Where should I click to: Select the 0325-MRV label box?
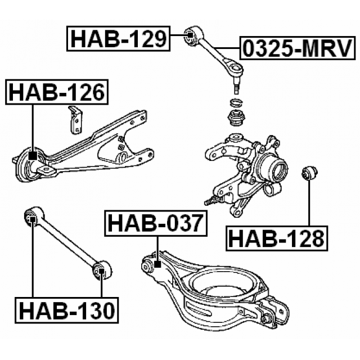click(x=299, y=49)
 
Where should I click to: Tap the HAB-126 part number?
click(x=56, y=93)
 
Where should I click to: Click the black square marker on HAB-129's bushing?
click(x=190, y=38)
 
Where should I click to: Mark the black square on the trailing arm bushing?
click(x=33, y=155)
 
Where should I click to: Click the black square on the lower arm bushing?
click(x=157, y=263)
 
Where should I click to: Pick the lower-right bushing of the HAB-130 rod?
click(x=102, y=272)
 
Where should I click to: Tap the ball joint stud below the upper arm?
click(x=236, y=86)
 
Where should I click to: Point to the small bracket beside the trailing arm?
click(x=74, y=119)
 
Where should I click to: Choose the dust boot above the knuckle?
click(x=237, y=119)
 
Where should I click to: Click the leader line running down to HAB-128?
click(x=308, y=202)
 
